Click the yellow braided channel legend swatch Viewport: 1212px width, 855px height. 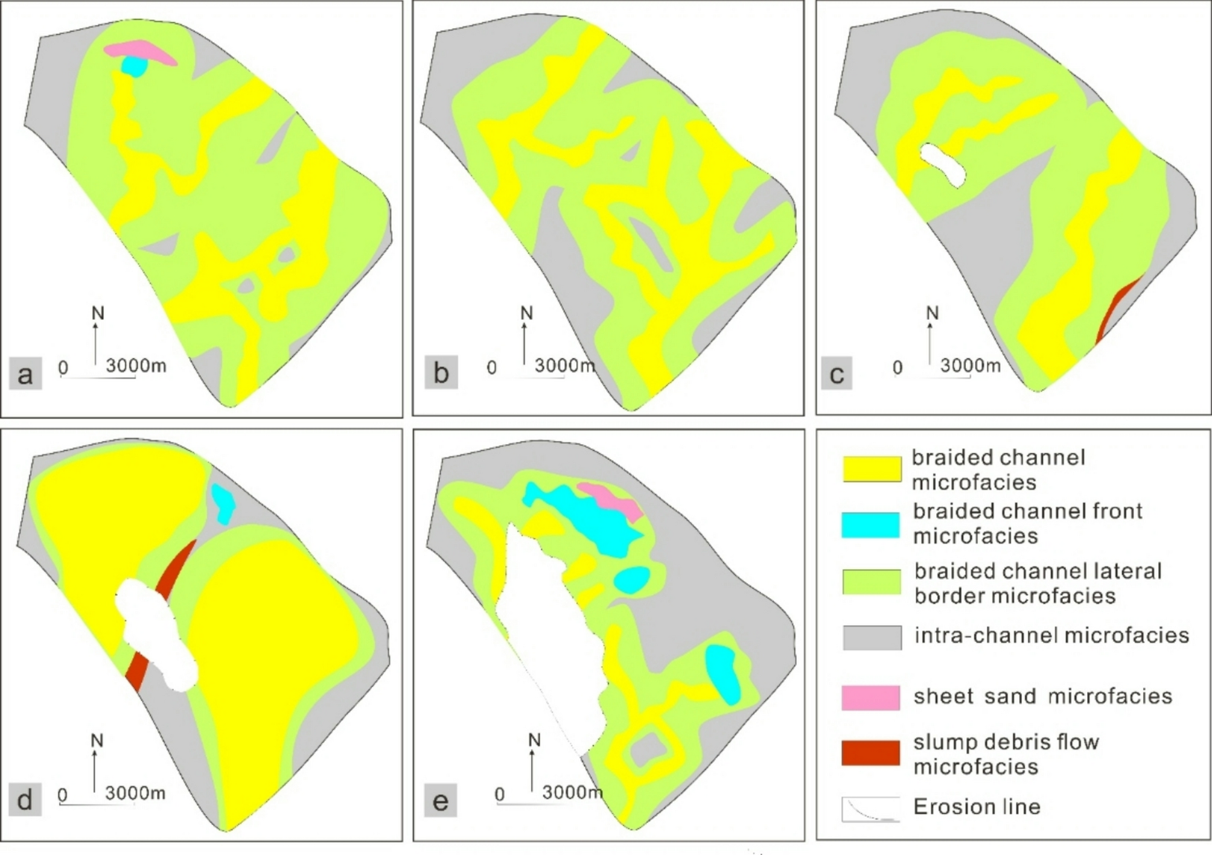[872, 469]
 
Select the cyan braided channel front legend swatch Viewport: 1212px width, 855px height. [870, 524]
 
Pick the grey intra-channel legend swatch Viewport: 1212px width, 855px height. [872, 637]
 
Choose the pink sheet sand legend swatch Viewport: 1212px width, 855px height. [870, 697]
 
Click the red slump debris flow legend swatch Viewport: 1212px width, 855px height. [870, 752]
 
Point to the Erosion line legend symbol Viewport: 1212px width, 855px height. [870, 809]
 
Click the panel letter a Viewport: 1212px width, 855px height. [25, 374]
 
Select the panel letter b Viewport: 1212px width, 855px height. [441, 373]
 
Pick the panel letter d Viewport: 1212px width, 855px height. [25, 800]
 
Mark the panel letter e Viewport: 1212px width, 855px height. [441, 801]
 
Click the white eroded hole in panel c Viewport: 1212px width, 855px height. [943, 163]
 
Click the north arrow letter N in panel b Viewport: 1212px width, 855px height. [526, 313]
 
